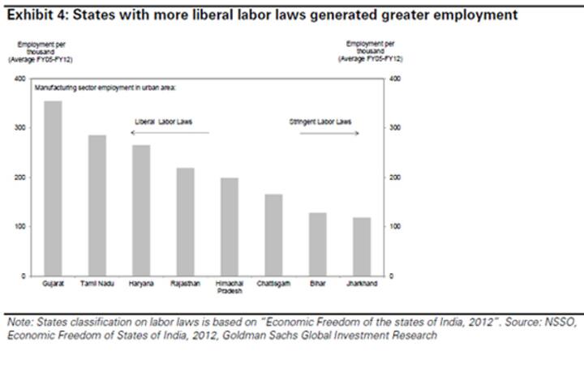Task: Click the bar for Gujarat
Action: point(53,188)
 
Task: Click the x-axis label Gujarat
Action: point(53,284)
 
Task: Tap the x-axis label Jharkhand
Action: point(362,284)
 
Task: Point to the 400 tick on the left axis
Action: point(19,79)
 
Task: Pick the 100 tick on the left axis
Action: point(19,226)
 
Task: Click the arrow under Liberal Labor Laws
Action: point(171,133)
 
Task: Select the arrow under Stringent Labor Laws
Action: point(328,133)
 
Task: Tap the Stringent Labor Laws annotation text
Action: point(320,122)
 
